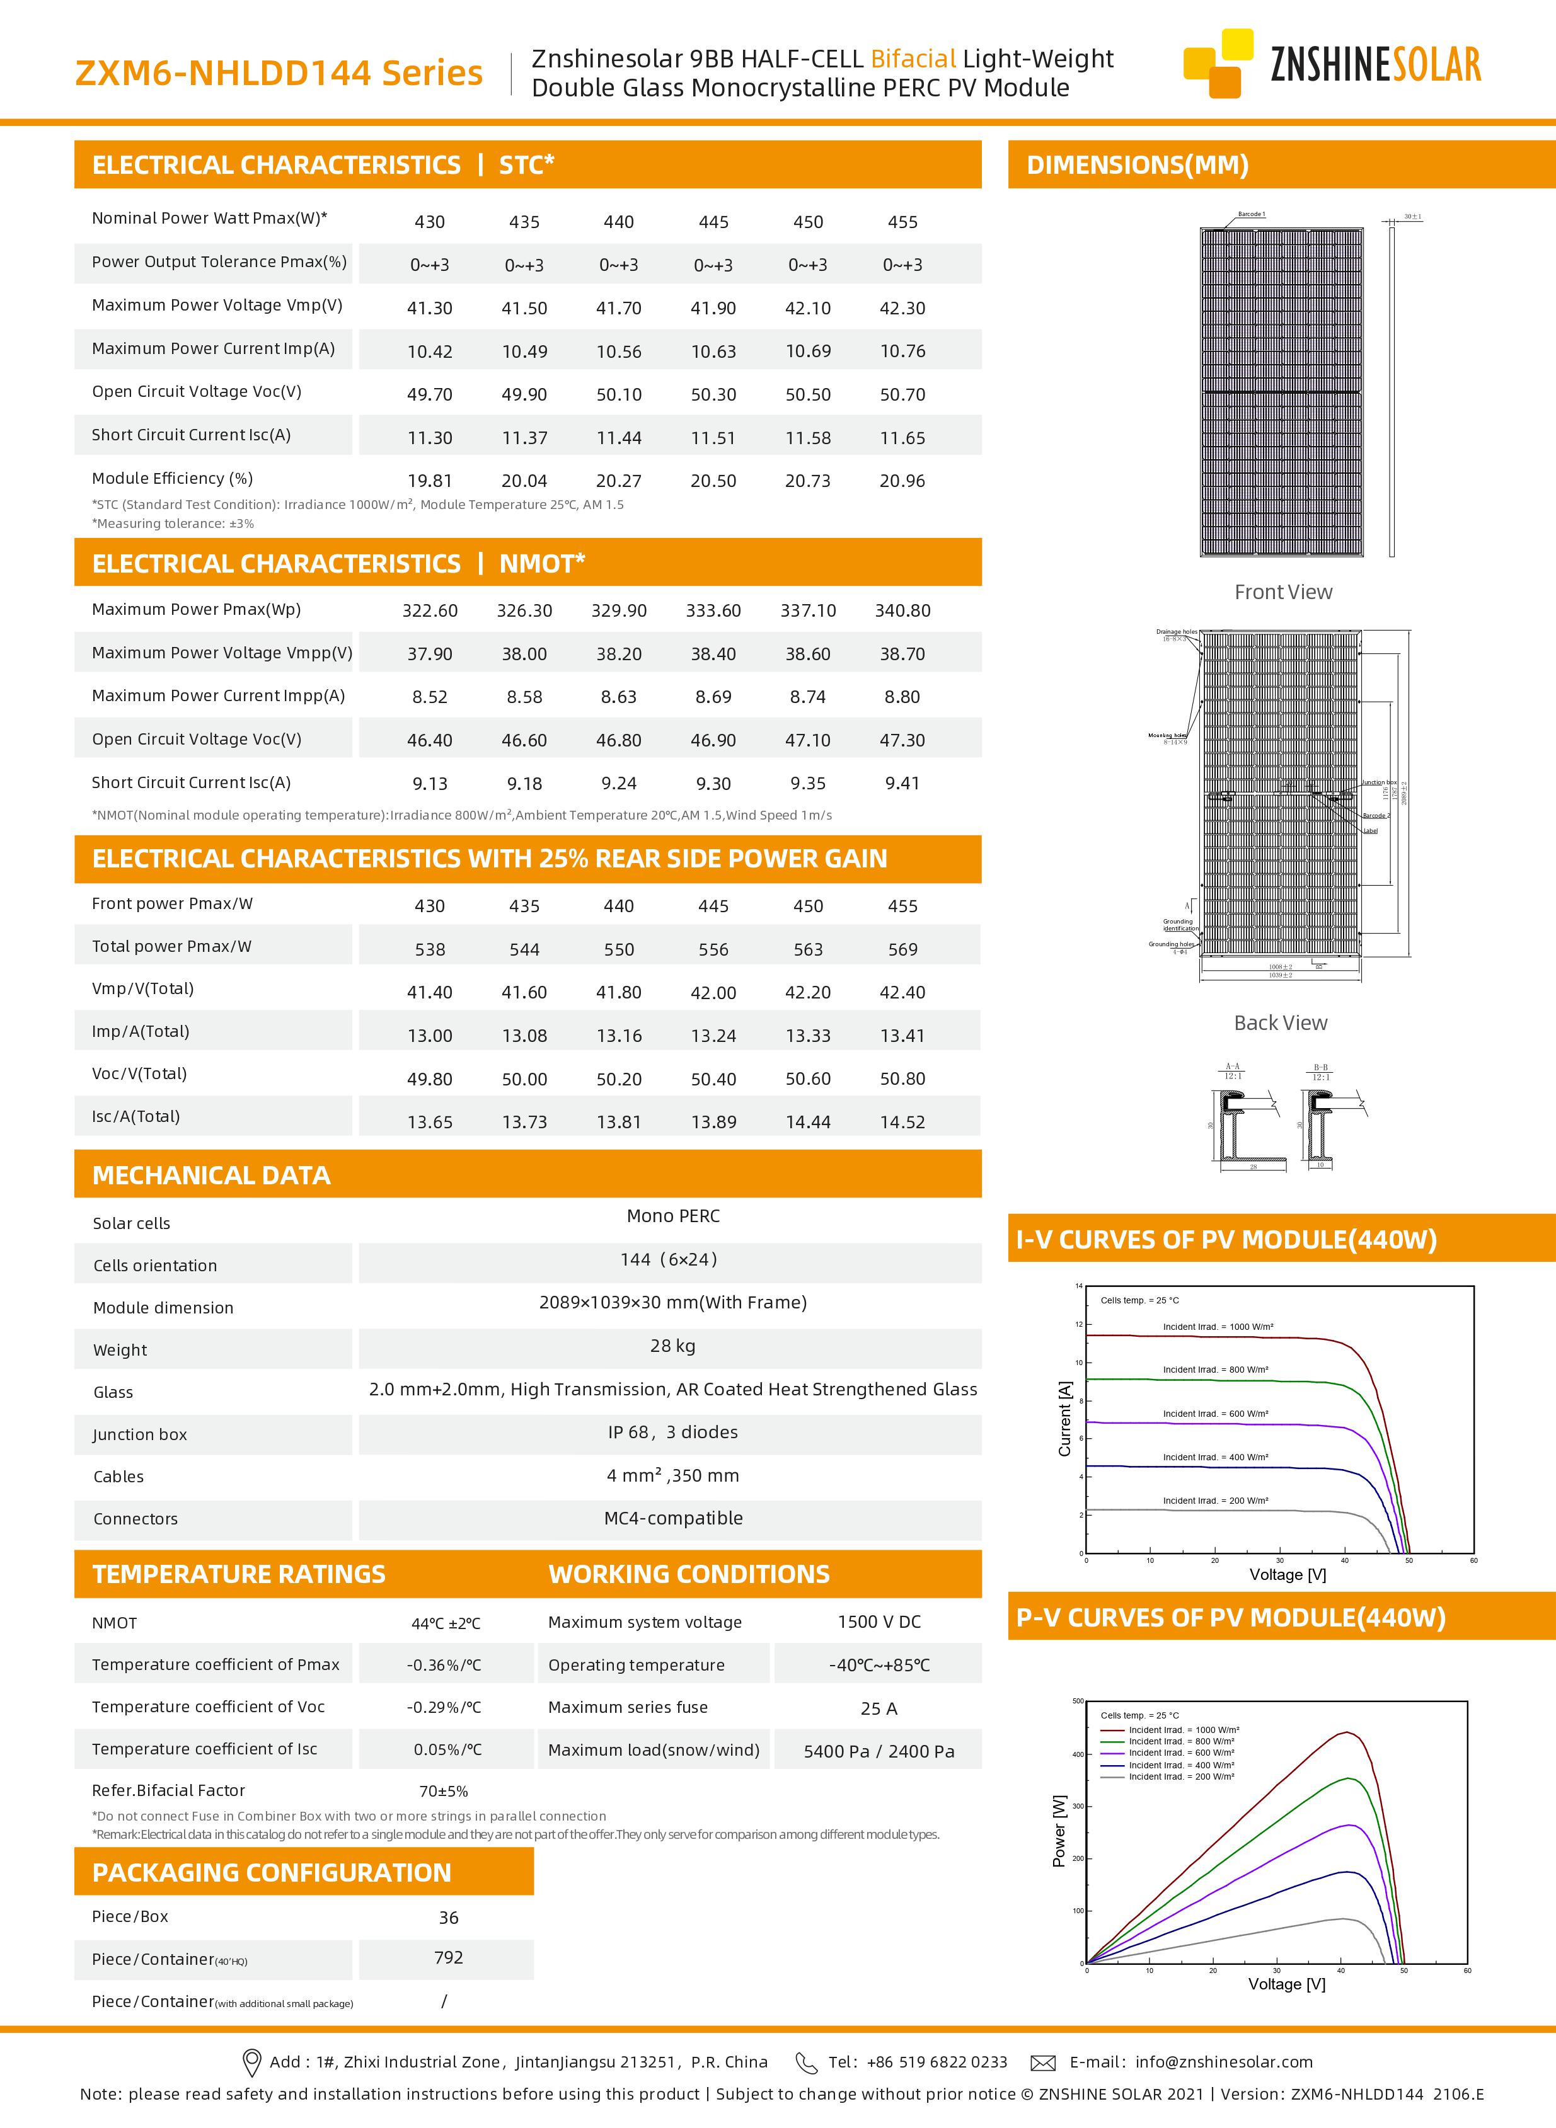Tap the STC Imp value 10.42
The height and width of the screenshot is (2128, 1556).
click(x=430, y=352)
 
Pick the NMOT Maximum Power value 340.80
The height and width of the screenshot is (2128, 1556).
click(x=902, y=610)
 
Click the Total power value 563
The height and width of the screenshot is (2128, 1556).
click(x=808, y=949)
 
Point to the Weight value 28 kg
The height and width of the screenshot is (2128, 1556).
click(x=672, y=1346)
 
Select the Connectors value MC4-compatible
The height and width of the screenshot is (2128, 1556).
click(x=672, y=1518)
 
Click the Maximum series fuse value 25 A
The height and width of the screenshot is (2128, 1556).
click(x=878, y=1708)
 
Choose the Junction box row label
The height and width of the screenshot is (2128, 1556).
click(x=139, y=1434)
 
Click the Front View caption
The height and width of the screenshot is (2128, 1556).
click(x=1283, y=592)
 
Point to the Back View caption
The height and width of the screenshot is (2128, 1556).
click(x=1280, y=1022)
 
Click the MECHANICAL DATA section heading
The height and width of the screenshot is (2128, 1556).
click(x=211, y=1175)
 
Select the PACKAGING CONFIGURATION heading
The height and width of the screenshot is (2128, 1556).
click(x=271, y=1872)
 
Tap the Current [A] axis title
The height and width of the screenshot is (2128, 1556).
click(x=1065, y=1419)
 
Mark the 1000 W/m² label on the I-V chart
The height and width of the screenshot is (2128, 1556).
click(x=1217, y=1327)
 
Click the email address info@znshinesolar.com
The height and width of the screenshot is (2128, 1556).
click(x=1223, y=2061)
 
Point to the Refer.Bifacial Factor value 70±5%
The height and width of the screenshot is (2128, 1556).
click(x=444, y=1791)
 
